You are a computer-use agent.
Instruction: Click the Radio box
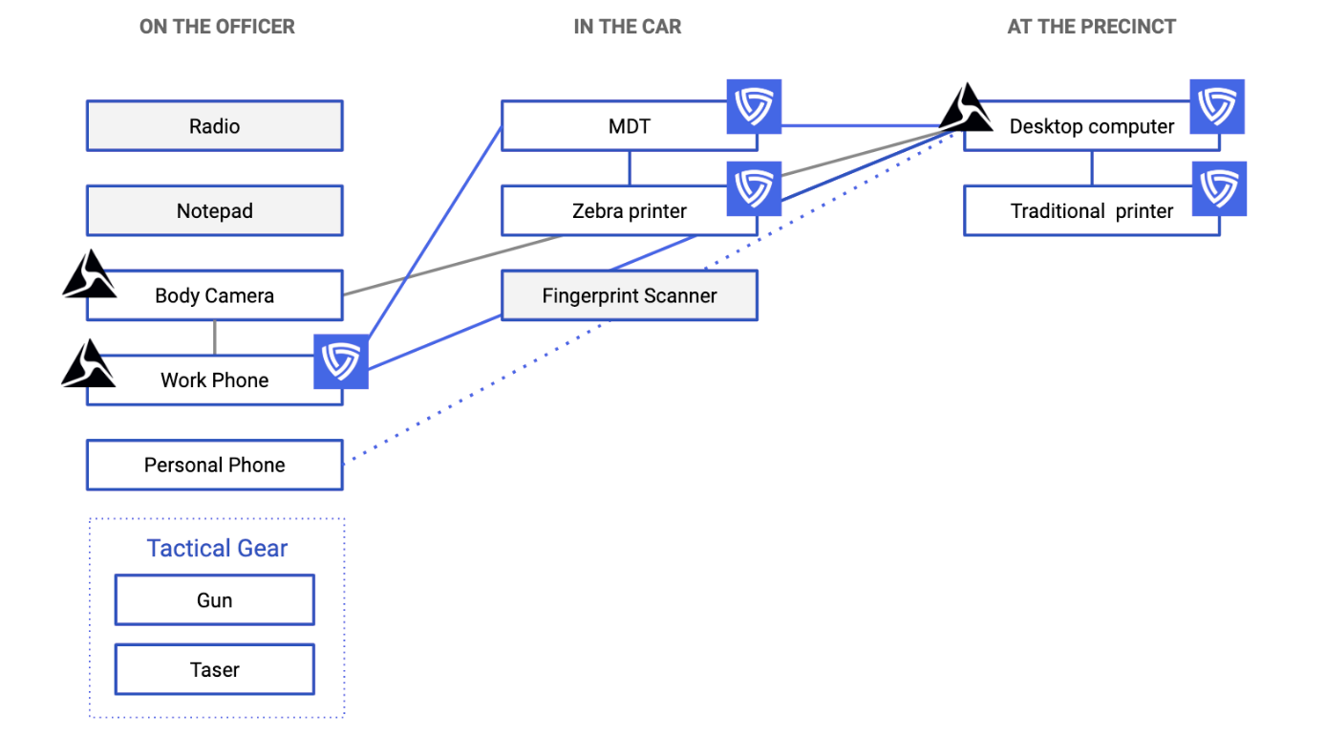click(214, 126)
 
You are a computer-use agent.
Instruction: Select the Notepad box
click(214, 211)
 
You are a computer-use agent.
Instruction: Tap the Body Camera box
click(214, 295)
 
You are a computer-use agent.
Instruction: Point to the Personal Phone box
click(214, 466)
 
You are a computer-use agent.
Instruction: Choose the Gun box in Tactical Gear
click(214, 600)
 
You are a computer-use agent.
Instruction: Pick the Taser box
click(214, 669)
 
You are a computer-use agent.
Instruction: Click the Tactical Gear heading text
click(217, 548)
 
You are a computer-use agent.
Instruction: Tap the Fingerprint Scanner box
click(629, 295)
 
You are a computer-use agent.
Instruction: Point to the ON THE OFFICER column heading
click(217, 27)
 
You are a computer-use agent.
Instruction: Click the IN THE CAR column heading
click(628, 27)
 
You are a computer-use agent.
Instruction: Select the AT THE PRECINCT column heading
click(1091, 27)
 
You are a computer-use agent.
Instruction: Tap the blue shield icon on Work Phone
click(340, 361)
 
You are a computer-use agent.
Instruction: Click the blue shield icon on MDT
click(755, 106)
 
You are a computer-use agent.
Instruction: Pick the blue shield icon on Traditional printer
click(1219, 188)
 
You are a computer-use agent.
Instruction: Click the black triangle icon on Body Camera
click(89, 274)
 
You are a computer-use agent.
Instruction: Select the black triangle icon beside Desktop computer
click(967, 107)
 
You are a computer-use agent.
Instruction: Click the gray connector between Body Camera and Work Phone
click(215, 337)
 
